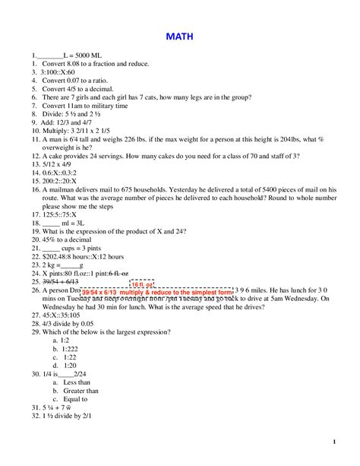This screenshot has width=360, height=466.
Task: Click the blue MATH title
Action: click(179, 36)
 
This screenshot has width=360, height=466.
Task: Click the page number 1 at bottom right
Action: click(334, 442)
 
